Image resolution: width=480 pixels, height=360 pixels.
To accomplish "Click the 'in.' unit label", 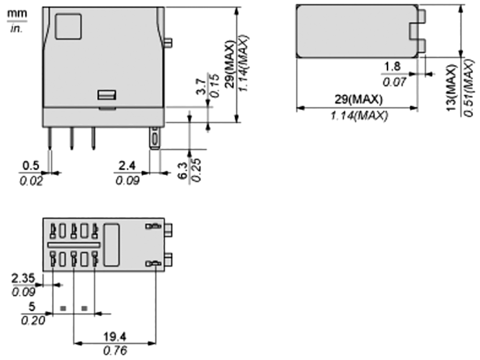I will coord(17,28).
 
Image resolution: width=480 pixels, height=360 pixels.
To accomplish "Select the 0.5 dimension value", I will coord(31,166).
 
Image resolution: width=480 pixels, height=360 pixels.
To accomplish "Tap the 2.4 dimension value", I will coord(126,166).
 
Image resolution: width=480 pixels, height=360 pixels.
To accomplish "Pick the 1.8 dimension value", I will coord(391,67).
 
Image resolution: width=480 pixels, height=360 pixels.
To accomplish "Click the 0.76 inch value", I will coord(115,350).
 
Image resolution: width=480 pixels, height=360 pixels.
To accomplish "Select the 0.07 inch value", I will coord(393,82).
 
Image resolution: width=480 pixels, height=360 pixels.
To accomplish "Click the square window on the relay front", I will coord(68,26).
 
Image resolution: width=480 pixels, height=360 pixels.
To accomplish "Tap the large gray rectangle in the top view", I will coord(357,31).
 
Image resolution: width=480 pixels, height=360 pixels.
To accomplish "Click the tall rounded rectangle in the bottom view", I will coord(111,244).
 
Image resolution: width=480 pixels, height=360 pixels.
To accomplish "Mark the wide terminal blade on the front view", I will coord(154,138).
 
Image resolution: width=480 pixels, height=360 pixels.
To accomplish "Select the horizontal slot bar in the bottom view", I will coord(73,244).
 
